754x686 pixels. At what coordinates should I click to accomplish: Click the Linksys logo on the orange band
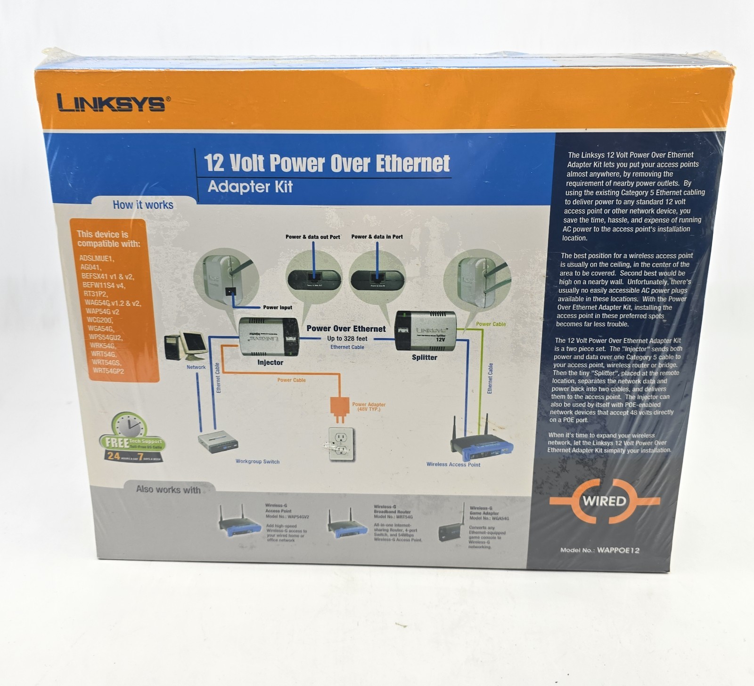click(111, 103)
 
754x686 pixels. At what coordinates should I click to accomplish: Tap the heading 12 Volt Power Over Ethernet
click(327, 163)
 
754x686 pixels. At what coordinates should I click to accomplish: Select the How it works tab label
click(143, 205)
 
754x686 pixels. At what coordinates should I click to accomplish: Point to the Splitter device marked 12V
click(425, 330)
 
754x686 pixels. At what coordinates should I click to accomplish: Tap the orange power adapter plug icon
click(339, 408)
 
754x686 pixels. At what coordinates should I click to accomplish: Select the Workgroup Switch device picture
click(218, 443)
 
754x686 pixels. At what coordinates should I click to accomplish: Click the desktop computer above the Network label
click(186, 347)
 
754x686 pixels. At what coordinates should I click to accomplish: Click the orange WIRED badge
click(604, 501)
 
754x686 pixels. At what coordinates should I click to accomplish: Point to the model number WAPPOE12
click(618, 550)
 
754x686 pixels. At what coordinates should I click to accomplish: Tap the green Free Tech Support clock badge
click(131, 438)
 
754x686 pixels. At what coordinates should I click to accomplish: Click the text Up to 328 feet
click(347, 339)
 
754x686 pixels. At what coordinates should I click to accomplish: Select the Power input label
click(278, 307)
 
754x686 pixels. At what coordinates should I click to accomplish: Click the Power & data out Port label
click(312, 237)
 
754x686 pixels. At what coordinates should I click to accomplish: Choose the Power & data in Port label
click(377, 237)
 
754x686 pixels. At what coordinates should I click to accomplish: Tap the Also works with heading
click(168, 489)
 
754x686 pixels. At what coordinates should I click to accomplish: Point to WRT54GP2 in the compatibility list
click(108, 371)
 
